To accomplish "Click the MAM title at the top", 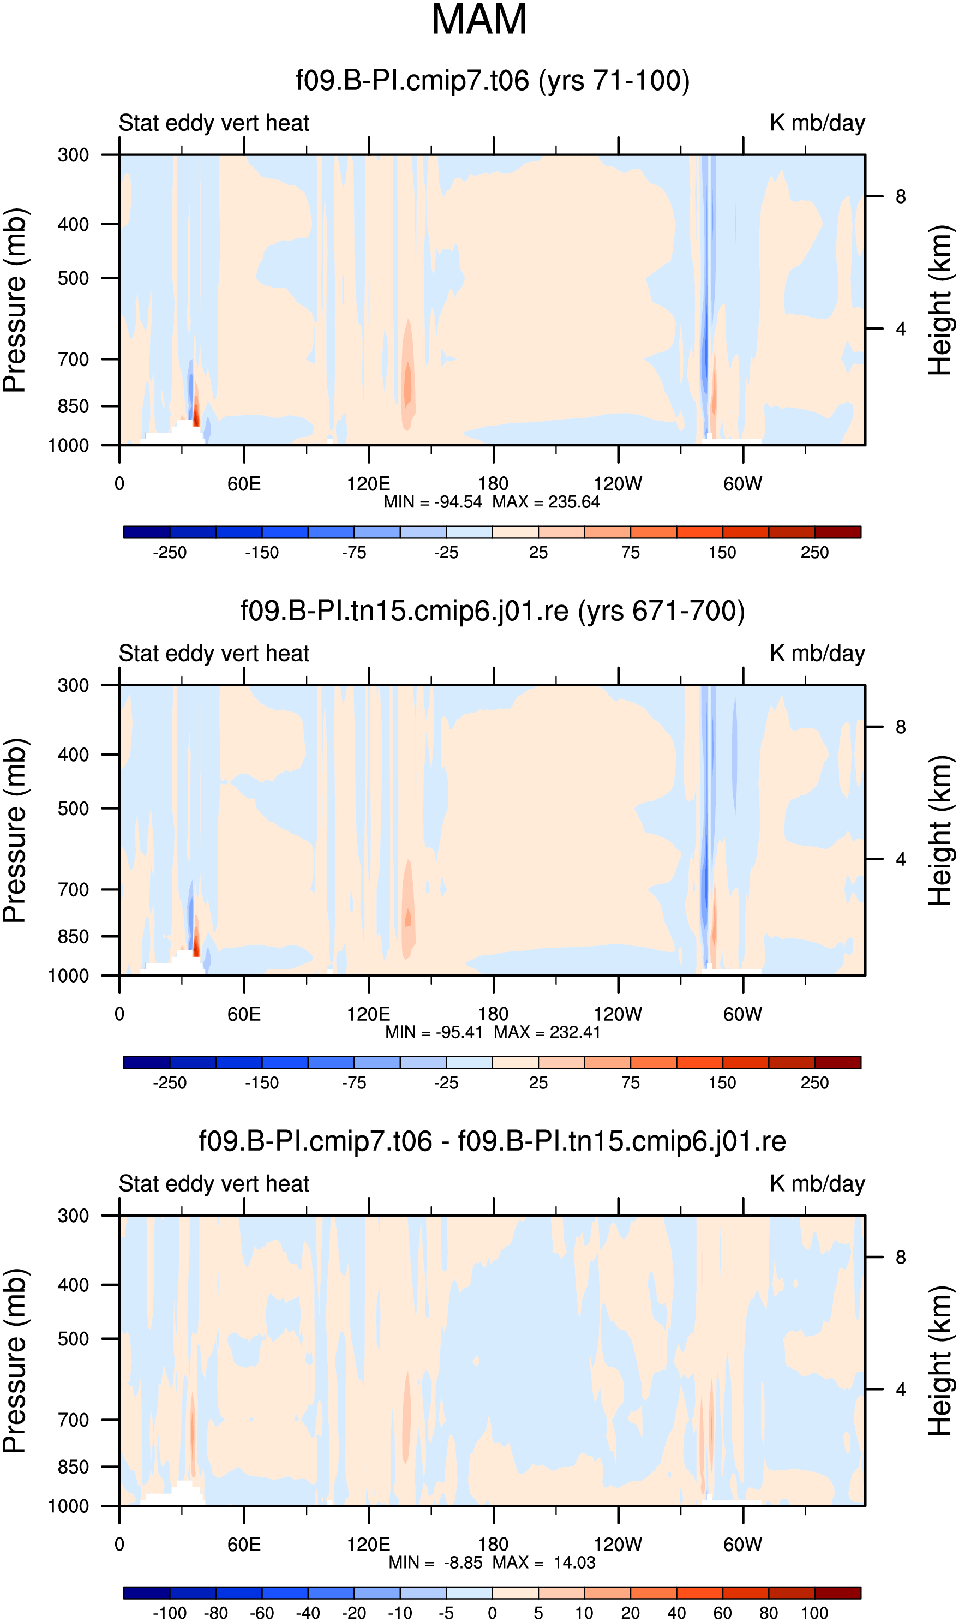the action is click(x=479, y=20).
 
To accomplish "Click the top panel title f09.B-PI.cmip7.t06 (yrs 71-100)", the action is click(x=493, y=81).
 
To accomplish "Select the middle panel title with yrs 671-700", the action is click(x=493, y=611).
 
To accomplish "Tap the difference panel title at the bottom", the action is click(x=493, y=1141).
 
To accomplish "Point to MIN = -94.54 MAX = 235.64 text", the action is click(x=492, y=502).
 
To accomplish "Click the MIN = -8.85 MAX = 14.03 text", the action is click(x=492, y=1562).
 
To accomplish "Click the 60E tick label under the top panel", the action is click(x=244, y=483).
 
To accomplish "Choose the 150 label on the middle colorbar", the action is click(x=722, y=1082).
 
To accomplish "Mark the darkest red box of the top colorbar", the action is click(x=837, y=532).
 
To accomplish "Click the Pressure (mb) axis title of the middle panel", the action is click(x=14, y=830).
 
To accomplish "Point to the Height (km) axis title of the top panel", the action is click(x=941, y=301).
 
